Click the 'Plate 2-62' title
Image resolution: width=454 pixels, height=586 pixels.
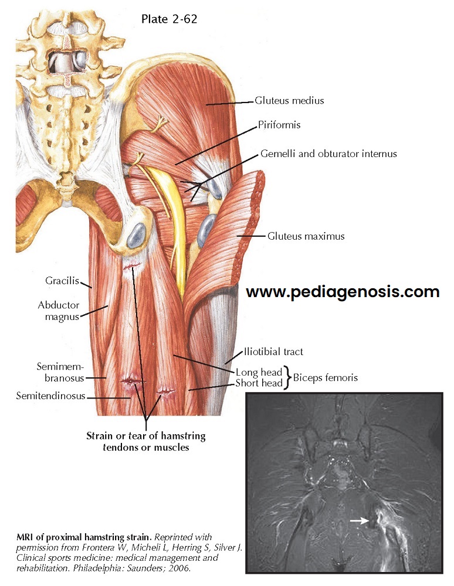click(169, 19)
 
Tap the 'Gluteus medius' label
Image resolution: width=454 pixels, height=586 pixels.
click(289, 101)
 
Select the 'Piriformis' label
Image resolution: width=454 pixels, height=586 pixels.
click(279, 125)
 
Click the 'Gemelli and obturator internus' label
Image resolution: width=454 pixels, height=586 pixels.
click(328, 154)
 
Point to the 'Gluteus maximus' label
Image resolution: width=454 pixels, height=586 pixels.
click(306, 237)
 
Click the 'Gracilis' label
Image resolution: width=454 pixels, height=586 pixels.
click(62, 281)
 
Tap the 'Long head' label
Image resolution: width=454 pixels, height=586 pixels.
click(259, 372)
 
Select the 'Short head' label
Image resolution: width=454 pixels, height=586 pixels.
click(259, 383)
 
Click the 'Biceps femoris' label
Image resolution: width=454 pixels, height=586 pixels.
click(325, 378)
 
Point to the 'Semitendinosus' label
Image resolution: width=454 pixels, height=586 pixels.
click(51, 397)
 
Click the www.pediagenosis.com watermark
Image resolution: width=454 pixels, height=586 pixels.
click(343, 291)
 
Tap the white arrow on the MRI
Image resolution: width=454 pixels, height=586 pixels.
click(360, 520)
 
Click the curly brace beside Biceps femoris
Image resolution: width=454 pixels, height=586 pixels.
click(287, 377)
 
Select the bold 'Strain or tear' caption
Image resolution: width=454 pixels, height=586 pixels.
click(146, 442)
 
